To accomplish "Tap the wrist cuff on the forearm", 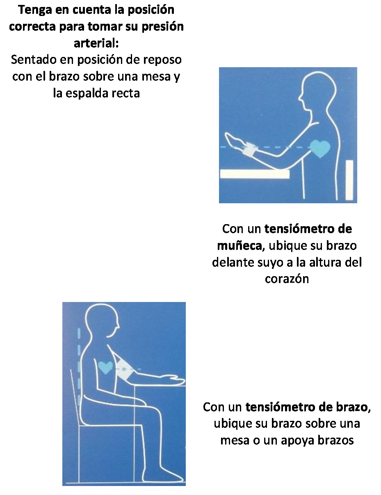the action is [x=251, y=150].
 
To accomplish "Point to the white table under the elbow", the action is [x=255, y=174].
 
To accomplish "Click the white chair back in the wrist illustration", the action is [x=349, y=180].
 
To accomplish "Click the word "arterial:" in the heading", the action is [x=96, y=43].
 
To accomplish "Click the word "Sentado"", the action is [x=34, y=60].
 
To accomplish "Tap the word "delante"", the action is [x=233, y=262].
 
